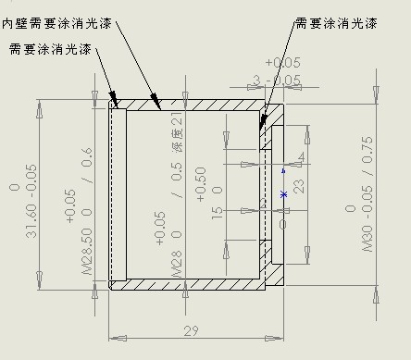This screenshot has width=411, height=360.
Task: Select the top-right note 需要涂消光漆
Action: pyautogui.click(x=335, y=22)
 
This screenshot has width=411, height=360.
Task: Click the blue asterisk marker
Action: pyautogui.click(x=284, y=194)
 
